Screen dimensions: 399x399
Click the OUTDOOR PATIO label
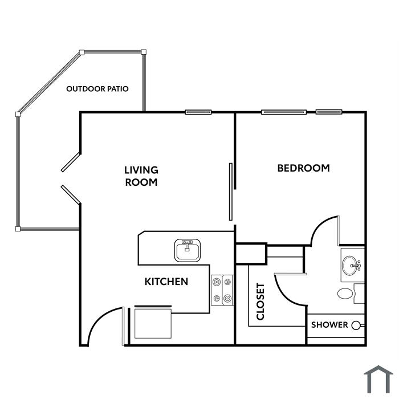click(97, 89)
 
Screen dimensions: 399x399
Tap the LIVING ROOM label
click(141, 176)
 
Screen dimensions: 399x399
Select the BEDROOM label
click(303, 168)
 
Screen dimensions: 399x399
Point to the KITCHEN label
click(166, 282)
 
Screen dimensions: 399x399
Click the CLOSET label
click(260, 302)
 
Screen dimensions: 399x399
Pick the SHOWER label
click(329, 325)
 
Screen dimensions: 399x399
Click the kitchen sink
click(188, 250)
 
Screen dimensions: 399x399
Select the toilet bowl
click(345, 294)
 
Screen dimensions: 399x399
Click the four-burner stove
click(222, 290)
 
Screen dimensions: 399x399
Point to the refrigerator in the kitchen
click(153, 322)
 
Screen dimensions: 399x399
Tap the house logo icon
click(378, 380)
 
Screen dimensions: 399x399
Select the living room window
click(198, 112)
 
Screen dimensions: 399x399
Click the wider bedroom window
click(284, 112)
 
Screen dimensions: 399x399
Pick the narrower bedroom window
click(329, 112)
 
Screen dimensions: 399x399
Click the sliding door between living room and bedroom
click(230, 192)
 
